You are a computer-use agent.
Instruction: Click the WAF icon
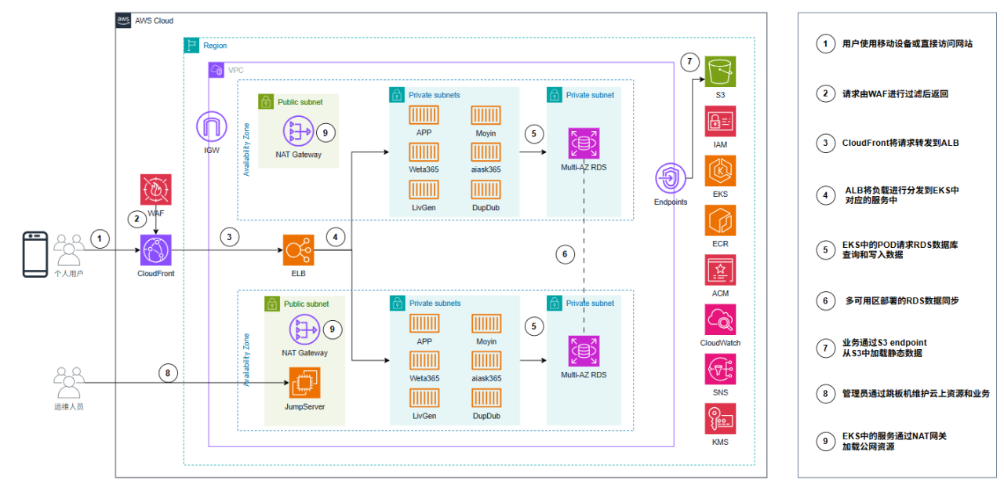pyautogui.click(x=155, y=191)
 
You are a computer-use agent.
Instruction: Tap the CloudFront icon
pyautogui.click(x=155, y=250)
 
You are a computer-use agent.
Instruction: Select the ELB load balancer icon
pyautogui.click(x=298, y=250)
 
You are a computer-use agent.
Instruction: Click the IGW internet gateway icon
pyautogui.click(x=211, y=128)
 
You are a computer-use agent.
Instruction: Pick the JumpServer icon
pyautogui.click(x=305, y=384)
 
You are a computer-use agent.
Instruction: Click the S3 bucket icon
pyautogui.click(x=720, y=72)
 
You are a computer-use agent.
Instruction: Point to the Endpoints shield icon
pyautogui.click(x=671, y=179)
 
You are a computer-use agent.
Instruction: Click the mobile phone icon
pyautogui.click(x=35, y=254)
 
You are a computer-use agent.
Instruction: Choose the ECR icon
pyautogui.click(x=720, y=220)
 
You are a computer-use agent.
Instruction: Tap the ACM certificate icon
pyautogui.click(x=720, y=270)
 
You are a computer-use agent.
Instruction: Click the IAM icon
pyautogui.click(x=720, y=122)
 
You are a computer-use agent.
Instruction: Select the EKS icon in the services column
pyautogui.click(x=720, y=171)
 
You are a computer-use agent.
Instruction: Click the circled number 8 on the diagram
pyautogui.click(x=167, y=373)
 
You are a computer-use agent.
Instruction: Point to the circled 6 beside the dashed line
pyautogui.click(x=565, y=253)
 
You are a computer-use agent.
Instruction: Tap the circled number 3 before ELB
pyautogui.click(x=230, y=237)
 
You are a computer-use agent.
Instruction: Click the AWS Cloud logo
pyautogui.click(x=124, y=20)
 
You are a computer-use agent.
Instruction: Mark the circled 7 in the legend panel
pyautogui.click(x=824, y=348)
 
